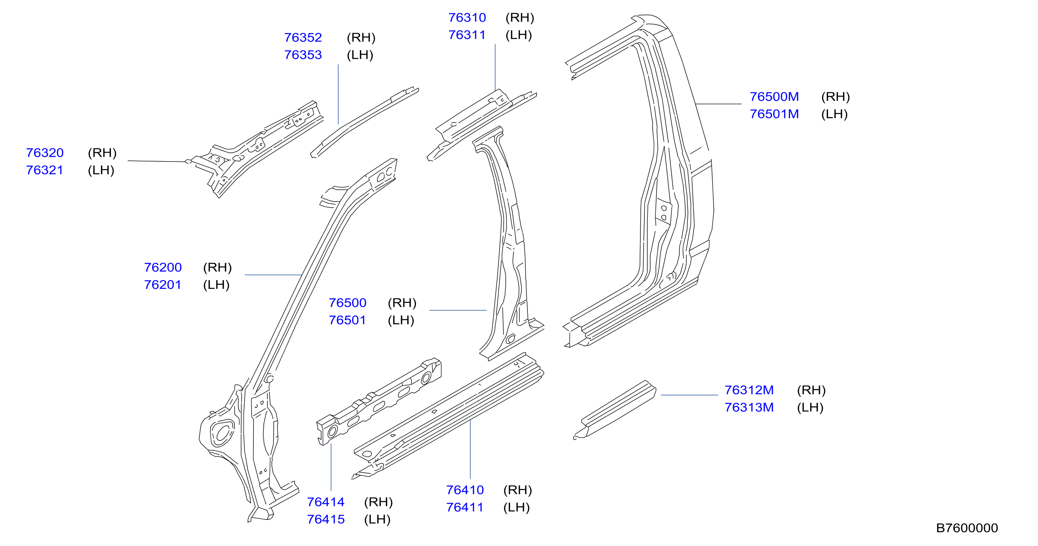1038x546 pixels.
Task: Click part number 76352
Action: [303, 38]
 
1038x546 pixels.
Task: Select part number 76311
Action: [467, 35]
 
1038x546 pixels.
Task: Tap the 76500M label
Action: [774, 97]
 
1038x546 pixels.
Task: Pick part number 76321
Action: [45, 170]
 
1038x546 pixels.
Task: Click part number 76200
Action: [163, 267]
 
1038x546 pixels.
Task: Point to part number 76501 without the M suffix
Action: [347, 320]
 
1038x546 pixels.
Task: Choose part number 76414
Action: [326, 502]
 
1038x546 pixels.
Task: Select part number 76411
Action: [465, 507]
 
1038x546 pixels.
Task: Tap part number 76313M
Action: [749, 407]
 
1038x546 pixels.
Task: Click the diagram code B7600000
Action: [967, 528]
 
